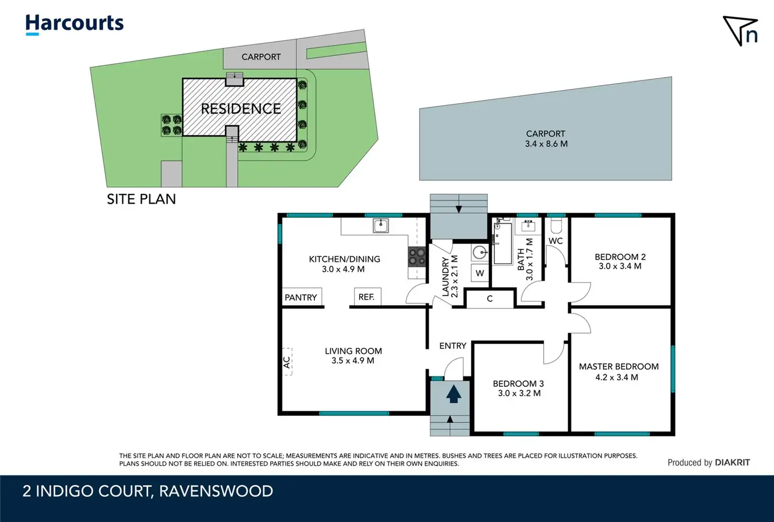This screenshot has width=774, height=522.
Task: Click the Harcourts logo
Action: (74, 24)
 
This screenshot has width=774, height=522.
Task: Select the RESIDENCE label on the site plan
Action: (241, 109)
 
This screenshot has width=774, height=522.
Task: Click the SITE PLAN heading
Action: (141, 199)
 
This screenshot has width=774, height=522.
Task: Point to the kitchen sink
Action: (381, 226)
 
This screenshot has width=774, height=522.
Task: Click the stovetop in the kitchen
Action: (417, 257)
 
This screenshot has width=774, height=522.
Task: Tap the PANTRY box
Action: (302, 297)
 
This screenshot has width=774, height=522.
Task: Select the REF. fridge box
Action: (368, 297)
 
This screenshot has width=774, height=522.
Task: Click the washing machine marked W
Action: (480, 273)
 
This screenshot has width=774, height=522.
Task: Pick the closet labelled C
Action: (490, 299)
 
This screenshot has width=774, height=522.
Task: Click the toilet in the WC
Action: (556, 225)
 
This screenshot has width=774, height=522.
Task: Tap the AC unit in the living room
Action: (287, 362)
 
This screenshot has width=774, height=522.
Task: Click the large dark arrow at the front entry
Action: (454, 395)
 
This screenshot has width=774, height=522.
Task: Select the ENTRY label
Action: (453, 346)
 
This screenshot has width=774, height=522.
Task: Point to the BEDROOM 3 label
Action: (518, 384)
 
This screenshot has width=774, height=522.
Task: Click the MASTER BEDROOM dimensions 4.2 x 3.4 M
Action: (617, 377)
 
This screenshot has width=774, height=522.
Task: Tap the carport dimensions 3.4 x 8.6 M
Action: (546, 144)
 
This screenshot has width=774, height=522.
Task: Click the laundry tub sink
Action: (480, 253)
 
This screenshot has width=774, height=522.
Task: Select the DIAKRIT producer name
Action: (732, 463)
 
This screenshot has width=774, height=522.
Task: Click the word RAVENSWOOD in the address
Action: (216, 491)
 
